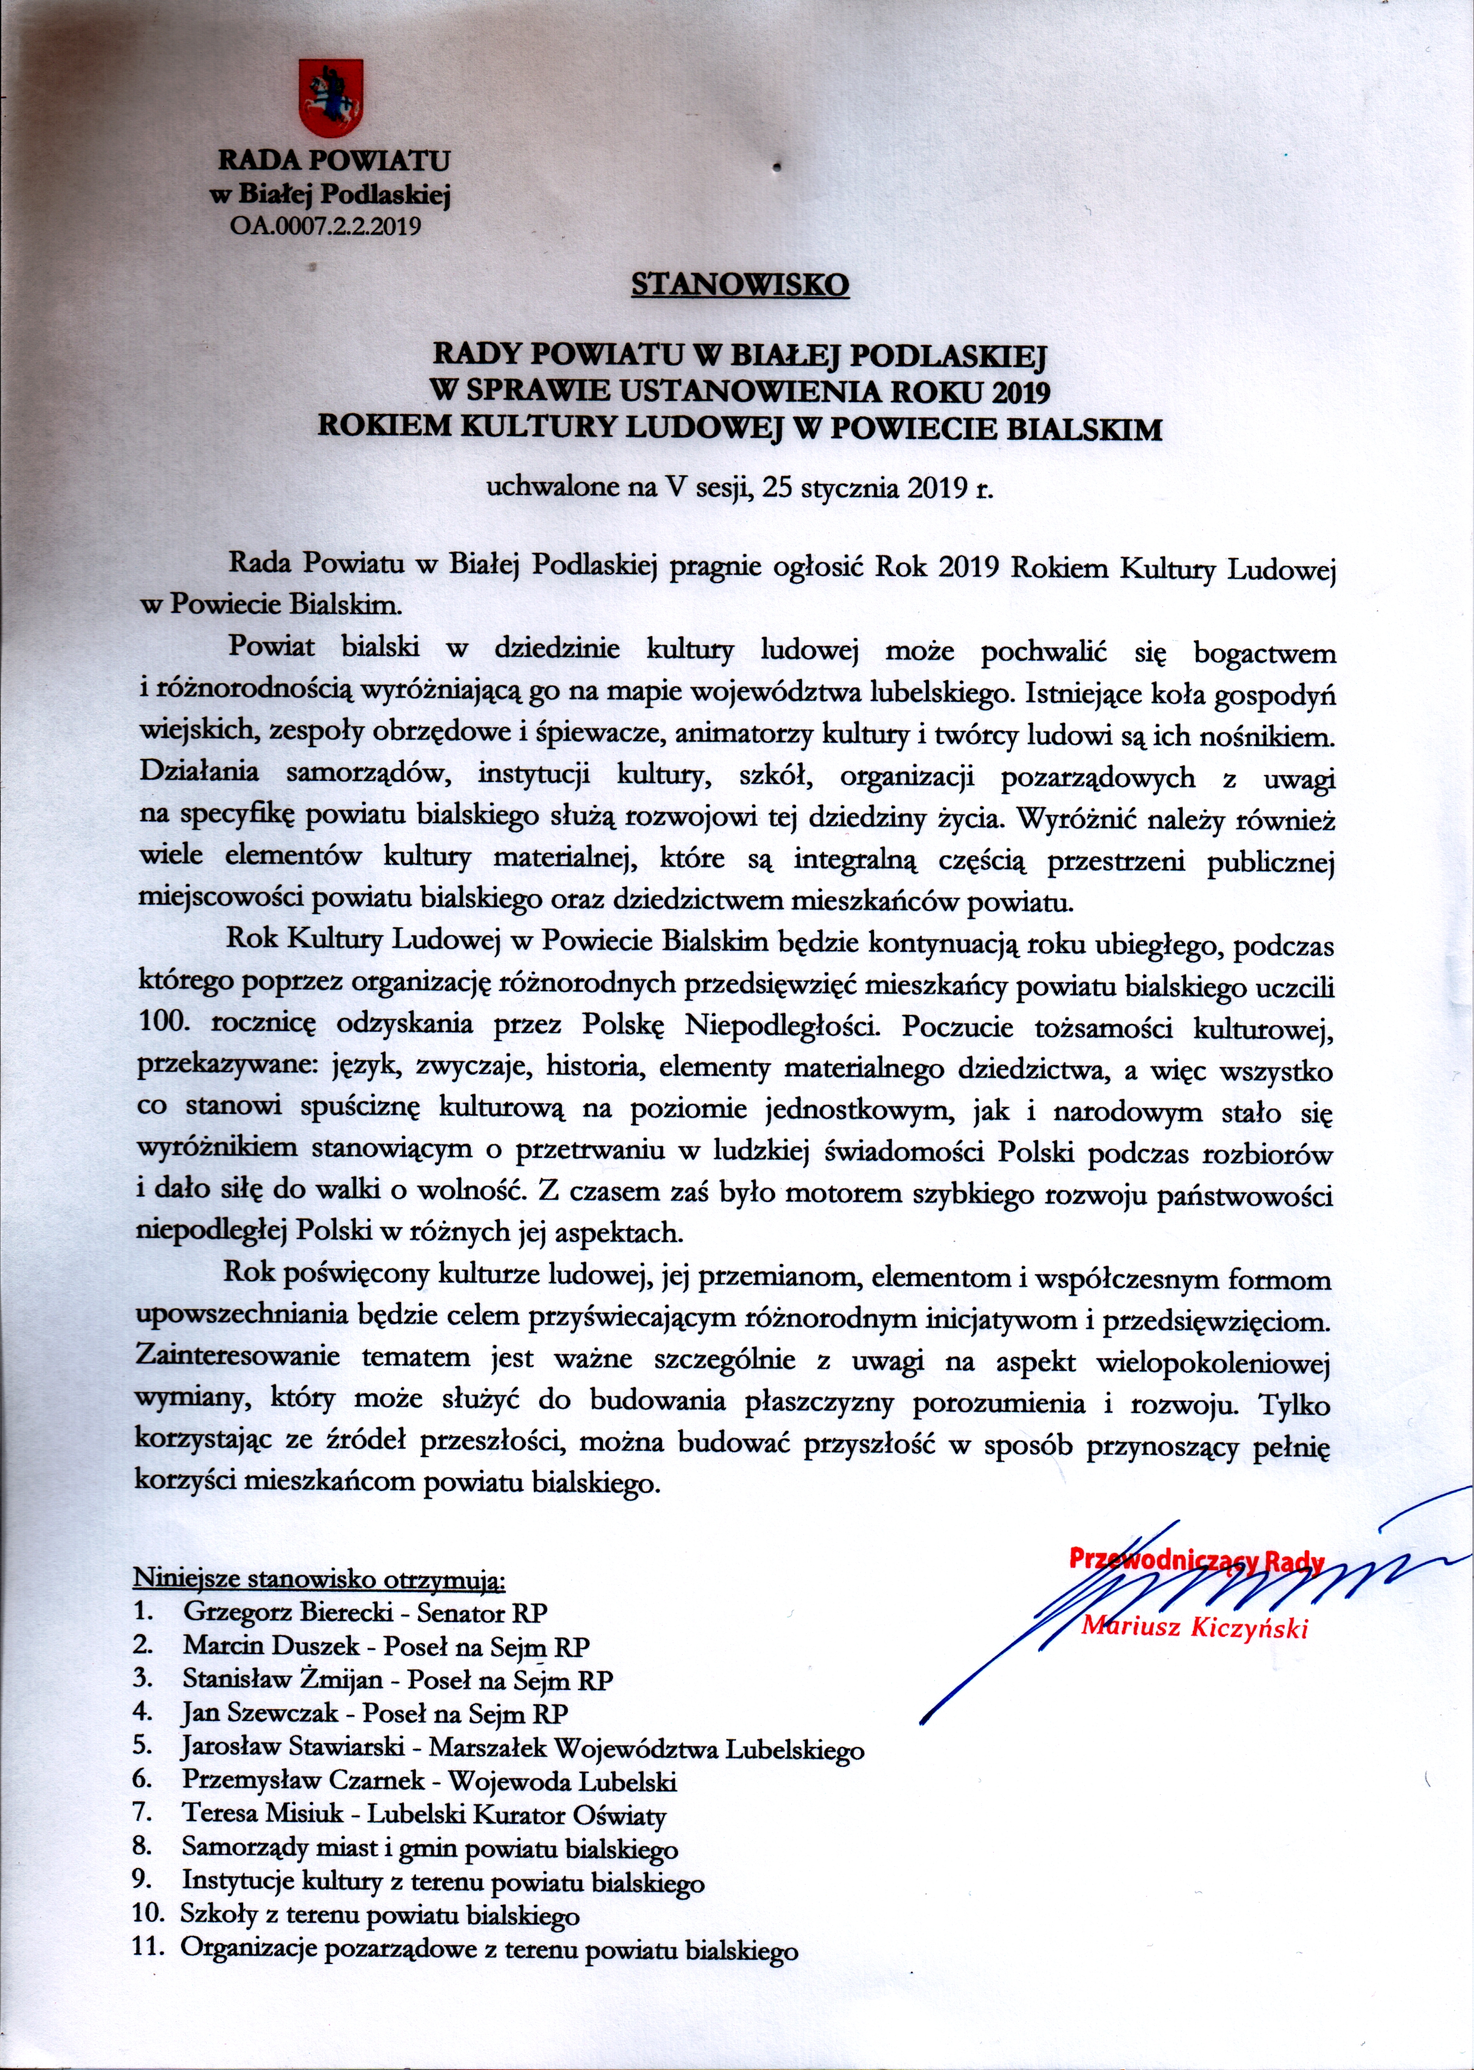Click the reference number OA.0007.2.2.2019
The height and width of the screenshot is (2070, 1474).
point(328,225)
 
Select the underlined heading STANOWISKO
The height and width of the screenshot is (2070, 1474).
point(740,285)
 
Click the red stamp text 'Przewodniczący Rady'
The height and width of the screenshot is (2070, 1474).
point(1196,1561)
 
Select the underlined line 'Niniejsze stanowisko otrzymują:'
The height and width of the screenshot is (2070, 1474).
point(319,1579)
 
